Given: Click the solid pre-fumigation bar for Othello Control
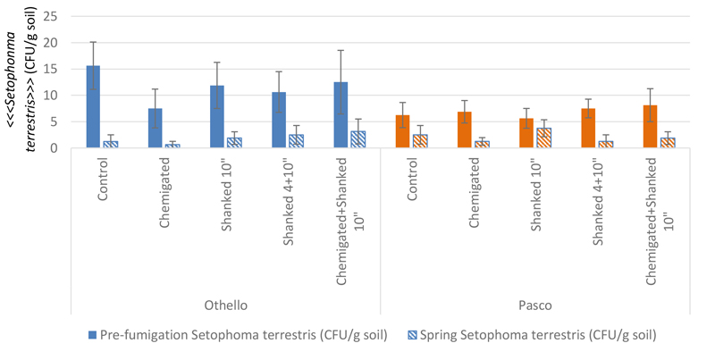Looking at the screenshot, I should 93,106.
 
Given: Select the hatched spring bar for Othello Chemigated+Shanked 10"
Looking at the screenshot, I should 357,139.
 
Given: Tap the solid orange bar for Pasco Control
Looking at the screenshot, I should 402,131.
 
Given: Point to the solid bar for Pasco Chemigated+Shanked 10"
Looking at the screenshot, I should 650,126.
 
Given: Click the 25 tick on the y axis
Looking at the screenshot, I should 50,16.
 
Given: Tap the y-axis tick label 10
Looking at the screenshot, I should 50,95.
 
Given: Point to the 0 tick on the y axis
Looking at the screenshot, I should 54,147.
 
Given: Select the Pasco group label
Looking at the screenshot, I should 535,306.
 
